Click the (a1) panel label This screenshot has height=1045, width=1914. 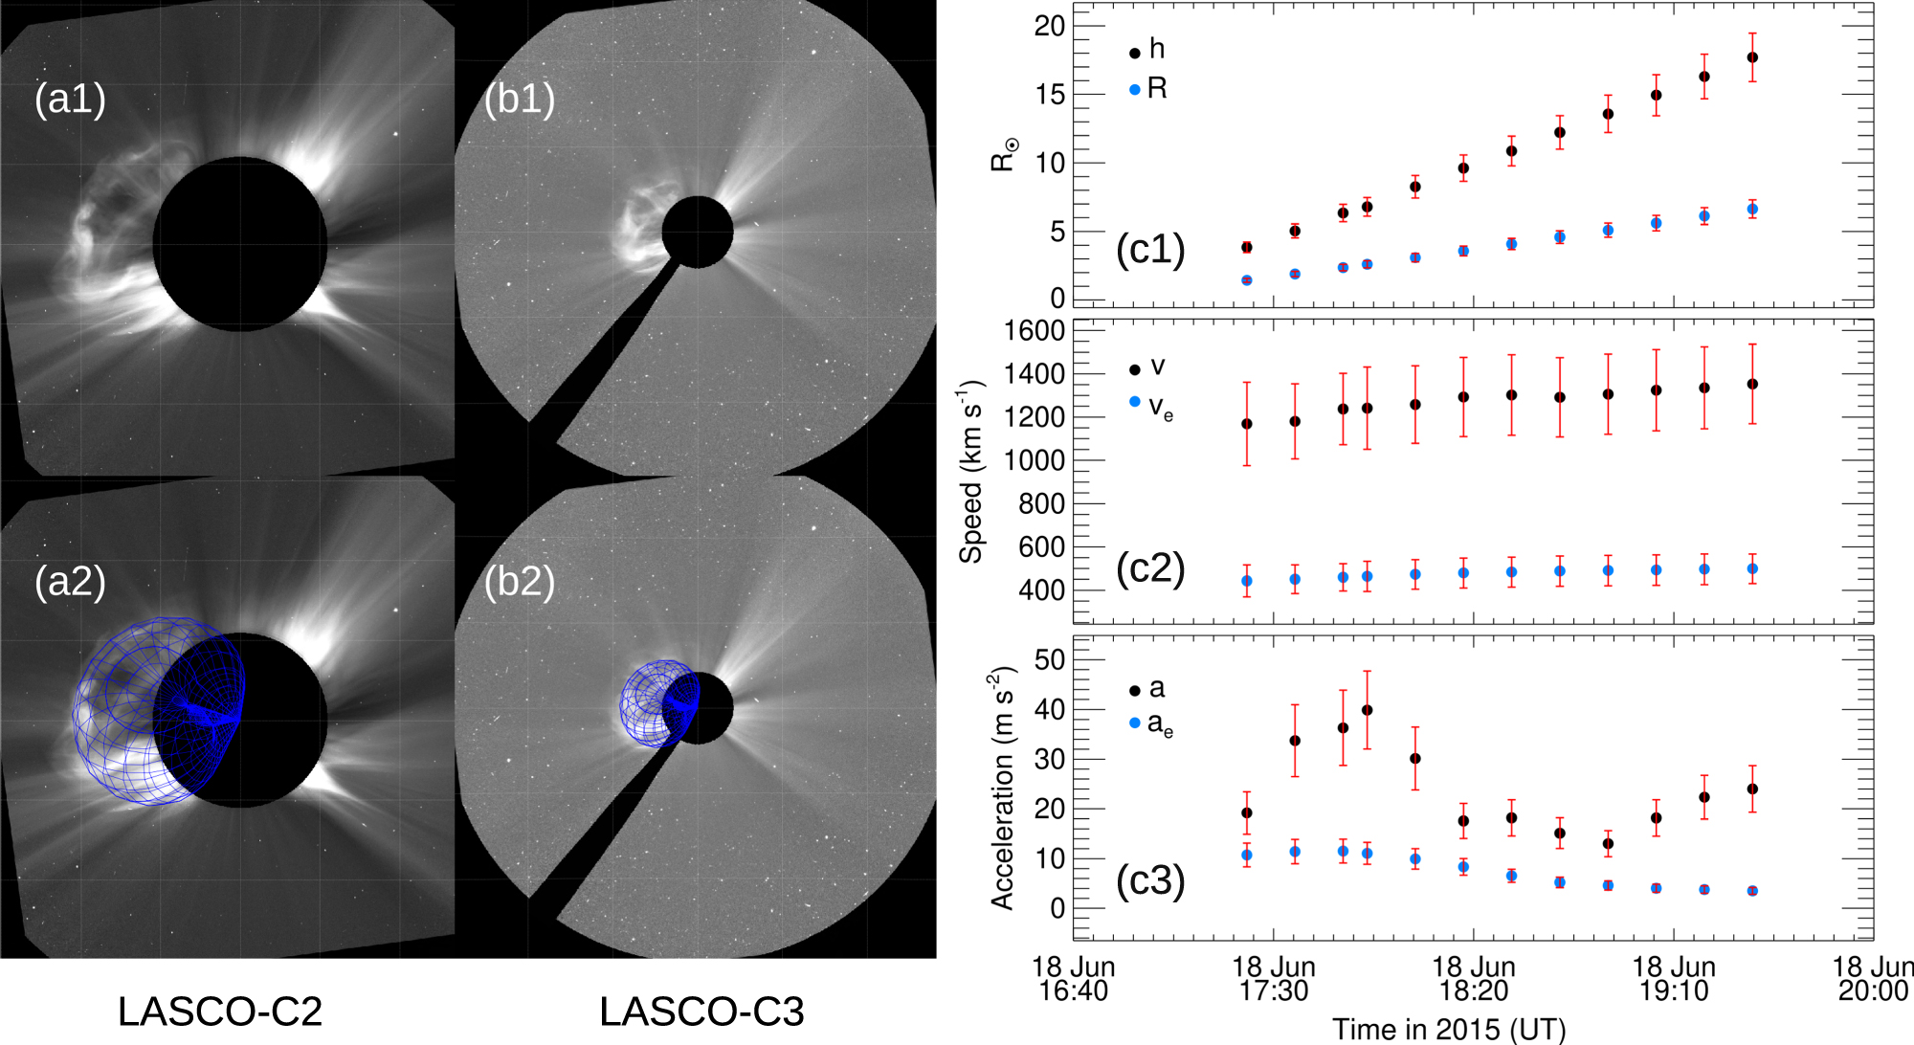click(70, 99)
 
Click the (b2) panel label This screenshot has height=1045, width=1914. click(520, 581)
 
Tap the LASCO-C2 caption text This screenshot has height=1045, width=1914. click(219, 1012)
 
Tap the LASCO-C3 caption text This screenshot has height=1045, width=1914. click(701, 1012)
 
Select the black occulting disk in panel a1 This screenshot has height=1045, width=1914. click(239, 245)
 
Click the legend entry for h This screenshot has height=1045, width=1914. click(1148, 50)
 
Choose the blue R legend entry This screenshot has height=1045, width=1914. click(1148, 89)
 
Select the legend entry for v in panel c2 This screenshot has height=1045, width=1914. click(1148, 367)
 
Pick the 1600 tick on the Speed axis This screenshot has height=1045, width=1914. click(1034, 331)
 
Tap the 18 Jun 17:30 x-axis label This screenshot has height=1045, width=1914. click(1273, 979)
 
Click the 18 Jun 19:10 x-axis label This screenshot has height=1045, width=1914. click(1673, 979)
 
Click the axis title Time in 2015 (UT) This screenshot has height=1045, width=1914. click(1449, 1030)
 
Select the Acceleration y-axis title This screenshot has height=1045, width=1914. click(1001, 788)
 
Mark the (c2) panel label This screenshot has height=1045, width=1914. click(1150, 568)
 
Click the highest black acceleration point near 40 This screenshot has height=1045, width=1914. click(1367, 710)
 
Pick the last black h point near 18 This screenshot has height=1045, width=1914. click(1751, 57)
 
